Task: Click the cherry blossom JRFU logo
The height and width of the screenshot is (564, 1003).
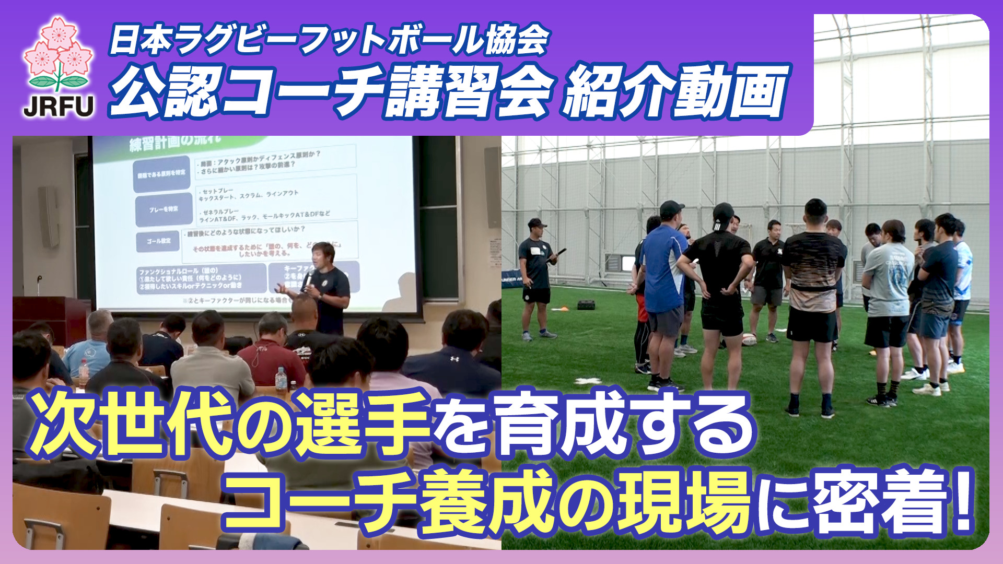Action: (x=59, y=55)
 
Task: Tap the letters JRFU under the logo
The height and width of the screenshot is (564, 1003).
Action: (x=59, y=106)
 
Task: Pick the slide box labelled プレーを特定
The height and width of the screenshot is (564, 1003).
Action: (x=164, y=209)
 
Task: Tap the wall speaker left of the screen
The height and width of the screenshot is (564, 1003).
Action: (x=49, y=217)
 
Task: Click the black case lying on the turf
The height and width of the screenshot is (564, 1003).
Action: (x=586, y=304)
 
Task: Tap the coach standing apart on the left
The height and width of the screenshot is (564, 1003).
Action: (x=536, y=277)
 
